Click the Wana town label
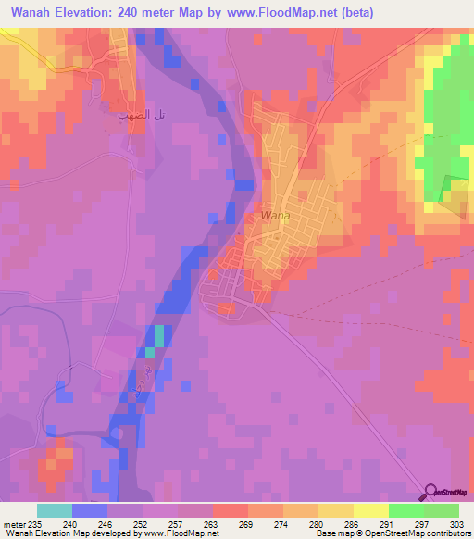pyautogui.click(x=275, y=216)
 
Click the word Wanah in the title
pyautogui.click(x=32, y=12)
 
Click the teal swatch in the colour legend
pyautogui.click(x=55, y=510)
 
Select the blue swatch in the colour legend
pyautogui.click(x=90, y=510)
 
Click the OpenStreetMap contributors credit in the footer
pyautogui.click(x=426, y=533)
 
